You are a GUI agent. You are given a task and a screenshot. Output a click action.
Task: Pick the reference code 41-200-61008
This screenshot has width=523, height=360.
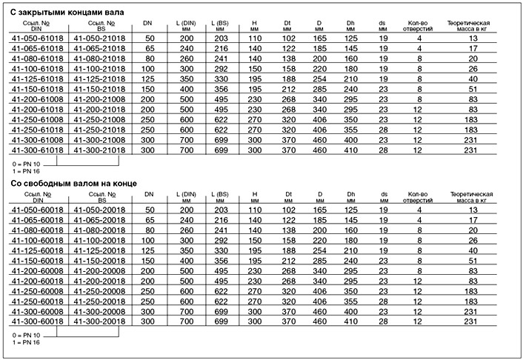(x=36, y=98)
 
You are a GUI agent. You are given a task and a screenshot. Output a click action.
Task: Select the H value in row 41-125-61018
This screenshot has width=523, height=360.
(x=255, y=77)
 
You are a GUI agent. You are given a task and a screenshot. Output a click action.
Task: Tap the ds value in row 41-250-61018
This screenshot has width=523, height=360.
(x=384, y=129)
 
